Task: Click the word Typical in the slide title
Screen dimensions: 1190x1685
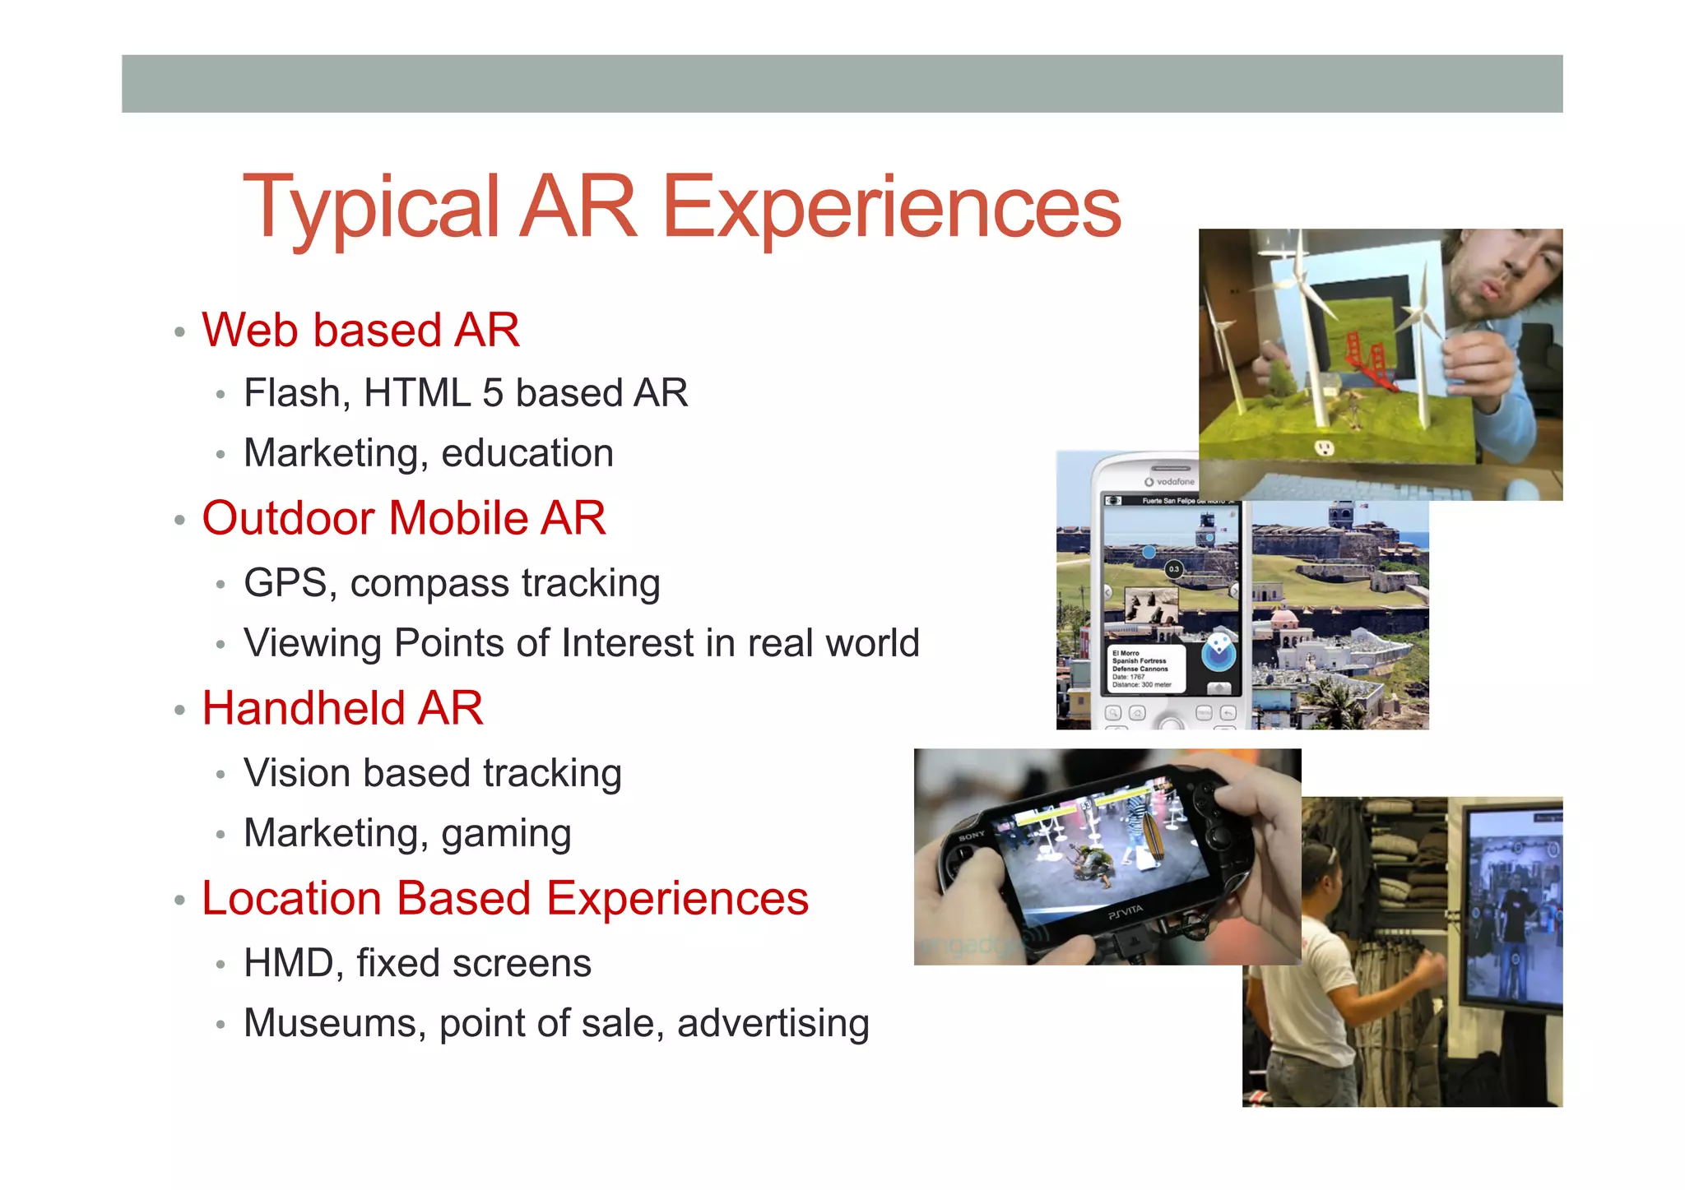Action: tap(371, 208)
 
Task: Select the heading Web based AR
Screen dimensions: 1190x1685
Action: tap(360, 331)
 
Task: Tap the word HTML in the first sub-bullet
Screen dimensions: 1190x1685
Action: tap(416, 393)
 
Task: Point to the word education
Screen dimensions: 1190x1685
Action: tap(527, 453)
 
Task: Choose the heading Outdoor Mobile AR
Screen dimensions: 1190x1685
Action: tap(404, 518)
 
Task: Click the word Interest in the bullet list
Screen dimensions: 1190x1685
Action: tap(627, 643)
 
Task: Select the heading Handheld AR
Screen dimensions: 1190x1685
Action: tap(342, 708)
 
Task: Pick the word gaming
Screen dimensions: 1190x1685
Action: tap(506, 835)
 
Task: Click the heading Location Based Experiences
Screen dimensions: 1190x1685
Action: tap(505, 898)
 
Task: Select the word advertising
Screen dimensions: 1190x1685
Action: tap(773, 1024)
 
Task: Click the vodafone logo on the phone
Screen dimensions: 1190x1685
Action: tap(1170, 482)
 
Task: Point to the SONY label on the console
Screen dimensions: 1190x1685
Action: tap(972, 836)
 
